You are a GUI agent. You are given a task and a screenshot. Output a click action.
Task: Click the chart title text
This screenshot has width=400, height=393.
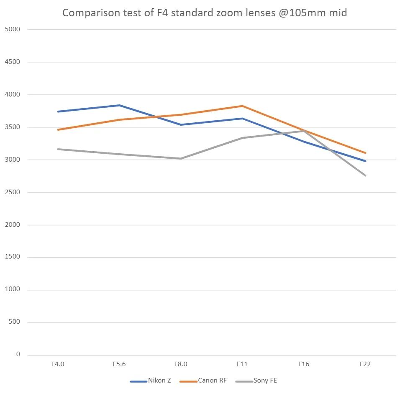(205, 13)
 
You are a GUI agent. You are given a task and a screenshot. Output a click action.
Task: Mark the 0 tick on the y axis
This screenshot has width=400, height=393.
(18, 355)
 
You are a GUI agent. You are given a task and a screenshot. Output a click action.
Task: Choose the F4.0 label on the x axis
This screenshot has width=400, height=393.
(58, 364)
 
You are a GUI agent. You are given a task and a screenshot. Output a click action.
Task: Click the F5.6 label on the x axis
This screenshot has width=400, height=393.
(119, 364)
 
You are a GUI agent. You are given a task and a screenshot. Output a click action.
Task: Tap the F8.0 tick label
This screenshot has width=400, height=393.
(181, 364)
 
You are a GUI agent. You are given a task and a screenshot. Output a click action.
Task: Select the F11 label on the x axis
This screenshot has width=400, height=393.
(242, 364)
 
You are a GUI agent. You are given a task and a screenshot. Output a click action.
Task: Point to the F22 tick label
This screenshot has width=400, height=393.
(365, 364)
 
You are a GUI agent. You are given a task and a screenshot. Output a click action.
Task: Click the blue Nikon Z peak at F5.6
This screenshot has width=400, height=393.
(119, 105)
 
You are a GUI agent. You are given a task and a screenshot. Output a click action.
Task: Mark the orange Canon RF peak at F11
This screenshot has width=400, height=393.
(242, 106)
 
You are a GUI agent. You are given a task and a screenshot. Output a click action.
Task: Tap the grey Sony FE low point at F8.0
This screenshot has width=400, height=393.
(181, 159)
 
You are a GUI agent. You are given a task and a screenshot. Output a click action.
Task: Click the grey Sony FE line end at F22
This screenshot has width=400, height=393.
(365, 175)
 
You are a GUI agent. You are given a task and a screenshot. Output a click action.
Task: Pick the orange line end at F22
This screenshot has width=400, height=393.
(365, 153)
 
